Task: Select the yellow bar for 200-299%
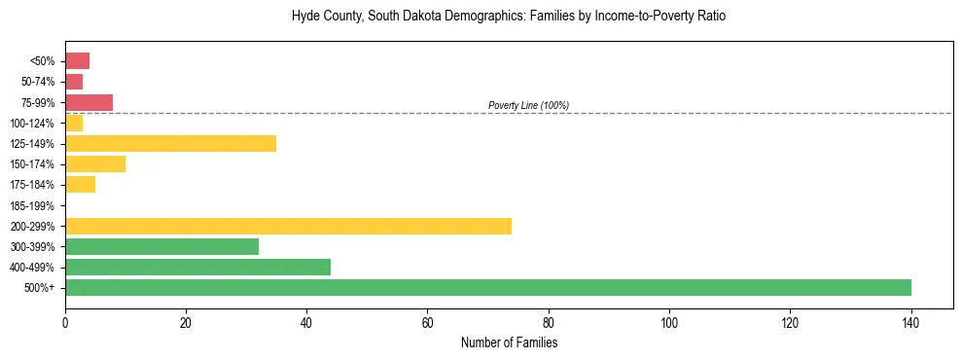[x=288, y=226]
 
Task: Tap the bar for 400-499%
[x=197, y=267]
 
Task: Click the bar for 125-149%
[x=170, y=143]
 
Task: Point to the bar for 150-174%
[x=95, y=163]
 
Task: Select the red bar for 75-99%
[x=89, y=102]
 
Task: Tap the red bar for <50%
[x=77, y=61]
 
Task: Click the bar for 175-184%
[x=80, y=184]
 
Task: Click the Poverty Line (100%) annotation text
[x=528, y=105]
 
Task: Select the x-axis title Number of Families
[x=509, y=342]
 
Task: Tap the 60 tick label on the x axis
[x=428, y=322]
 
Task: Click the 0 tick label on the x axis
[x=65, y=322]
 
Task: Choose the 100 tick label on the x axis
[x=669, y=322]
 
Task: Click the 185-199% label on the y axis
[x=32, y=205]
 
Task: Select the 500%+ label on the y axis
[x=40, y=288]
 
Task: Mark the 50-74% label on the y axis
[x=36, y=82]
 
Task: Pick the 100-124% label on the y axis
[x=32, y=123]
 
